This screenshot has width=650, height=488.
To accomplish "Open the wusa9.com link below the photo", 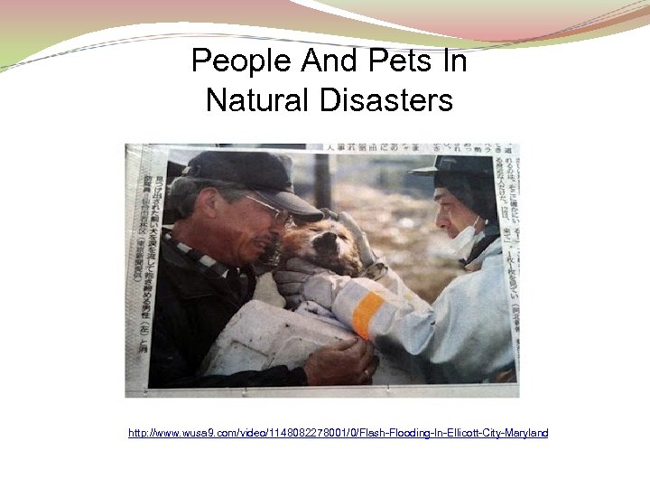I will [x=338, y=434].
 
